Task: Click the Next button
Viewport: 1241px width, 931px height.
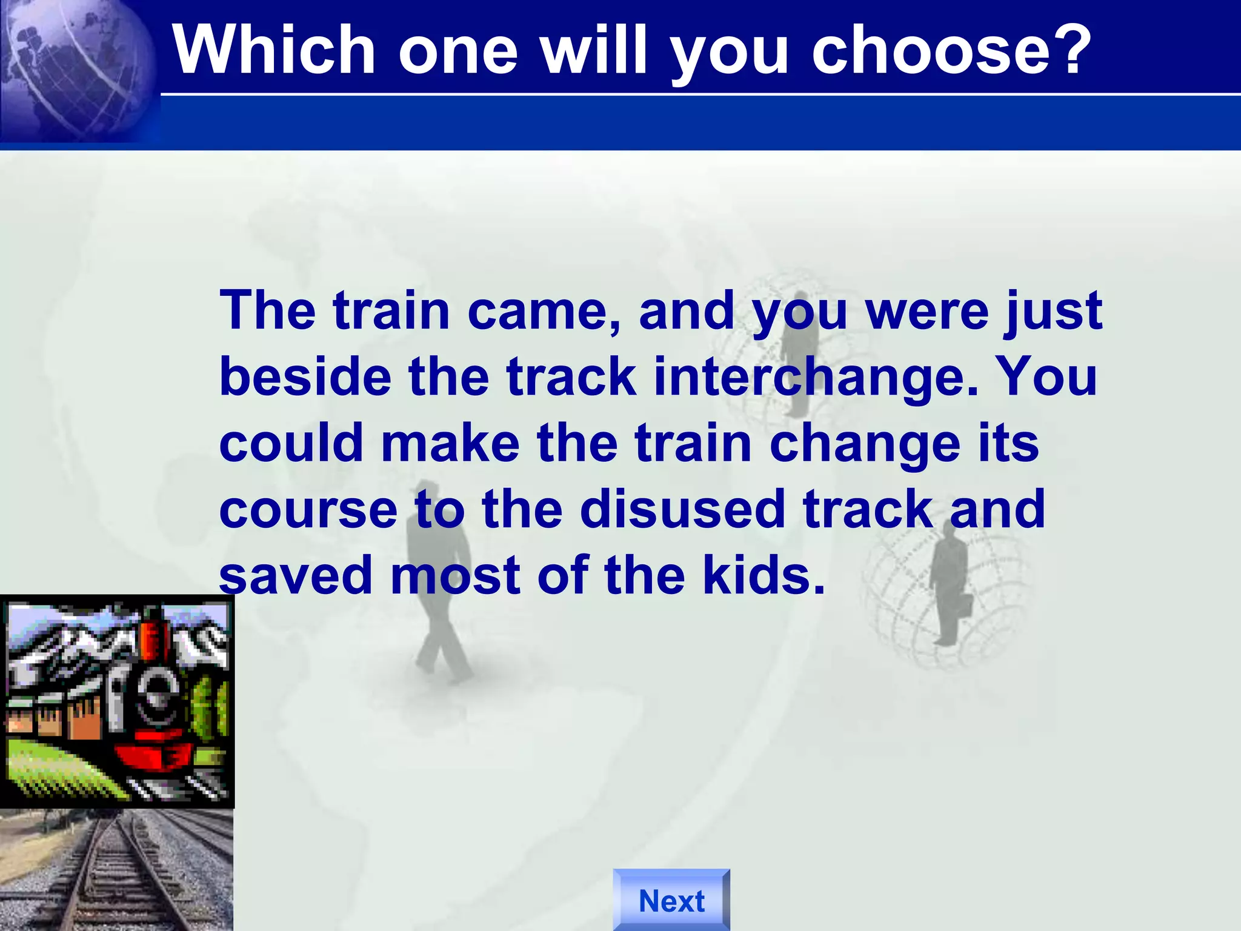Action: (671, 900)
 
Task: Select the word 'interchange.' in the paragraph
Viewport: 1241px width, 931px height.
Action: (816, 376)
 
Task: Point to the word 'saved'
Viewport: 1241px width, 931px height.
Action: (295, 576)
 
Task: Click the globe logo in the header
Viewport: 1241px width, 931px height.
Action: (76, 70)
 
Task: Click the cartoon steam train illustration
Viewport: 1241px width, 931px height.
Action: (117, 701)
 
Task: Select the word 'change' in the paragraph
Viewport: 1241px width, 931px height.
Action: (865, 444)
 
